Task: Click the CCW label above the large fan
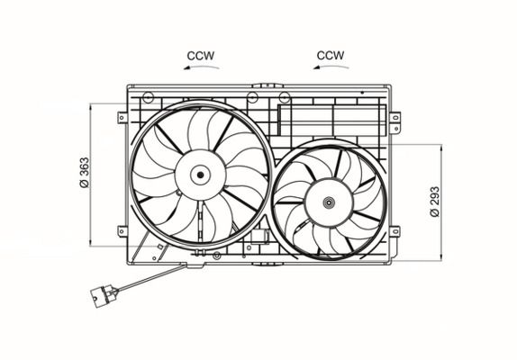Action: [x=201, y=56]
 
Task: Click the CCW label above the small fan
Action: [x=331, y=55]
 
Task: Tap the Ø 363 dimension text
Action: [x=85, y=173]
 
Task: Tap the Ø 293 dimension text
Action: [x=435, y=202]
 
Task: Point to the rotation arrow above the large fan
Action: [x=201, y=67]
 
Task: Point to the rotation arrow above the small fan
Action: [x=331, y=67]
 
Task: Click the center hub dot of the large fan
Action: [x=200, y=175]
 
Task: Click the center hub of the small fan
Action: [x=329, y=202]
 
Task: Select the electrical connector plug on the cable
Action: [x=104, y=296]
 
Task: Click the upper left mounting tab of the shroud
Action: [x=122, y=118]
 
